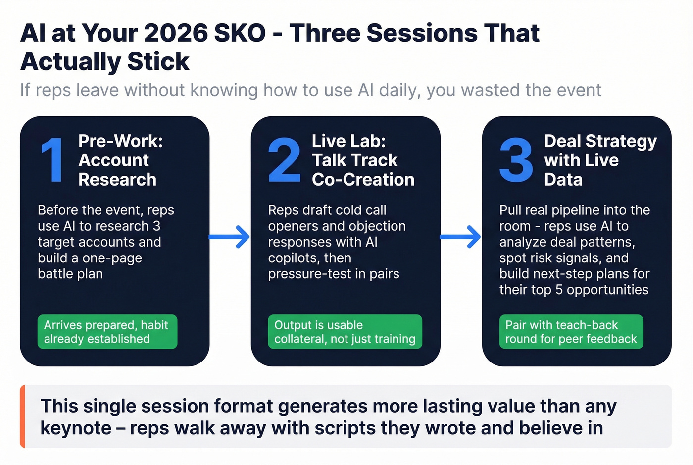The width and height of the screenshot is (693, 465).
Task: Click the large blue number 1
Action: tap(52, 160)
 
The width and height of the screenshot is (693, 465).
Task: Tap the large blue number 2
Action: tap(284, 160)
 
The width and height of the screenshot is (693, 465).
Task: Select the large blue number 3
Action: tap(516, 160)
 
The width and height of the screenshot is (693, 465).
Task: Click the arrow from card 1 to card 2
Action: tap(230, 237)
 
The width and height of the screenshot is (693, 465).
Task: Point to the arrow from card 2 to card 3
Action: tap(461, 237)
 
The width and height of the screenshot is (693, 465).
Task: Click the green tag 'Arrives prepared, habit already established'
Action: tap(107, 332)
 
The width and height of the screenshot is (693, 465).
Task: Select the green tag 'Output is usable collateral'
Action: tap(345, 332)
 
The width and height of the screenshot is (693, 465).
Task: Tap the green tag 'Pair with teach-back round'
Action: tap(571, 332)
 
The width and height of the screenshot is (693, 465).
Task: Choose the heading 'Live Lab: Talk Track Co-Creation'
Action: tap(362, 160)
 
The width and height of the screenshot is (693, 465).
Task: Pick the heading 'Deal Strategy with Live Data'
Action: tap(600, 160)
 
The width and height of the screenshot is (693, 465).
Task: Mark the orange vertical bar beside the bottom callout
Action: tap(22, 416)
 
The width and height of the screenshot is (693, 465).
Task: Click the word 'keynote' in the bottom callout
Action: tap(76, 428)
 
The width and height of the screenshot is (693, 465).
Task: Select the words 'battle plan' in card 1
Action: tap(70, 274)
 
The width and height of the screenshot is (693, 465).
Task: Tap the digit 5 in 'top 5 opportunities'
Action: tap(559, 290)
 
